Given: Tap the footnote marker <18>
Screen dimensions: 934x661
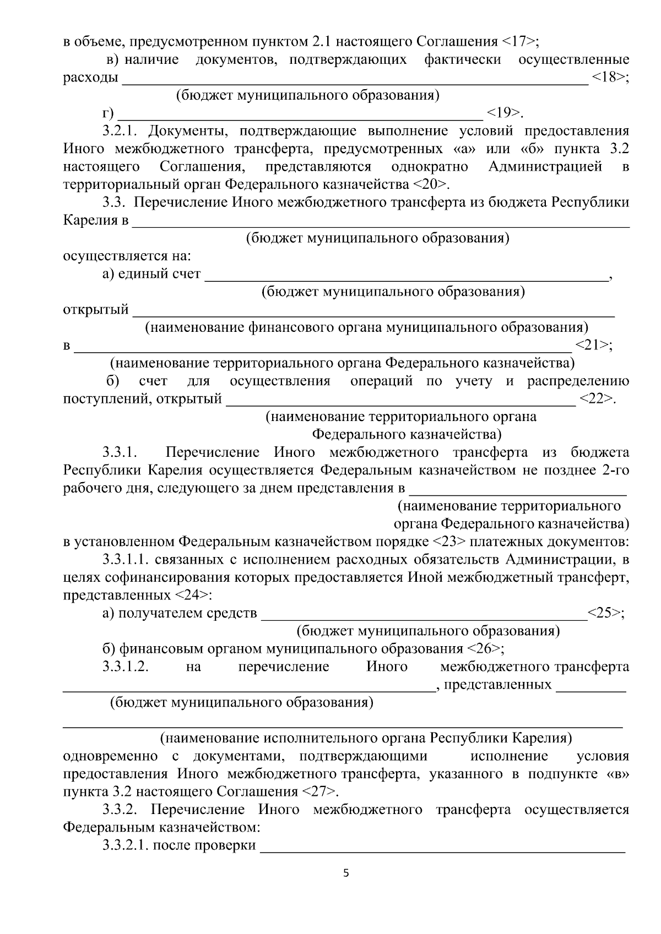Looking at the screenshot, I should pyautogui.click(x=609, y=77).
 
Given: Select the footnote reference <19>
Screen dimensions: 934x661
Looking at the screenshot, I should pyautogui.click(x=503, y=113).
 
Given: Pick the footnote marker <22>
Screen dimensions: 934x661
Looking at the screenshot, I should pyautogui.click(x=597, y=398).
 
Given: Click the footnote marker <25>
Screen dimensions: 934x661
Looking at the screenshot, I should pyautogui.click(x=605, y=613).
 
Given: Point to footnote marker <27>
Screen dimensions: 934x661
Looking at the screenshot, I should pyautogui.click(x=319, y=792).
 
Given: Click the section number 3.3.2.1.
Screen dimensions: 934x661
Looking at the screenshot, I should pyautogui.click(x=126, y=845).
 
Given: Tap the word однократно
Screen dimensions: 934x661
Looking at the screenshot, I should pyautogui.click(x=430, y=167).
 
